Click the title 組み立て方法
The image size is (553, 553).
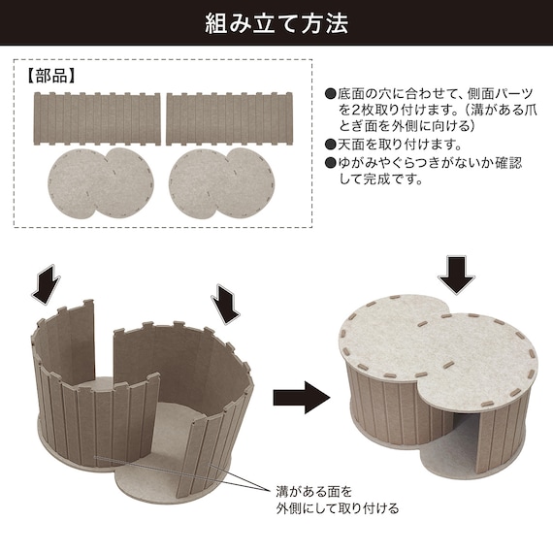pyautogui.click(x=276, y=23)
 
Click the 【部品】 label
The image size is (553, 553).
pyautogui.click(x=51, y=76)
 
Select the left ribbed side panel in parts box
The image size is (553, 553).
pyautogui.click(x=97, y=119)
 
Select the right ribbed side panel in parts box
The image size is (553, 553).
pyautogui.click(x=229, y=119)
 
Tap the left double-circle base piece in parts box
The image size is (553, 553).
pyautogui.click(x=101, y=182)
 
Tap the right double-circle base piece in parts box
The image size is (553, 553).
pyautogui.click(x=222, y=182)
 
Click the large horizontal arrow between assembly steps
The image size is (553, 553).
pyautogui.click(x=302, y=398)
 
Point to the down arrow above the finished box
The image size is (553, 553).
pyautogui.click(x=456, y=275)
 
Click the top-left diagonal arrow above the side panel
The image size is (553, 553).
pyautogui.click(x=46, y=284)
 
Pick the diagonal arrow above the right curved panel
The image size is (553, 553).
pyautogui.click(x=226, y=304)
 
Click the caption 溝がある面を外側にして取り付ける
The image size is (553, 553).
pyautogui.click(x=338, y=500)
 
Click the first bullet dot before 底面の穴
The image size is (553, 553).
pyautogui.click(x=331, y=93)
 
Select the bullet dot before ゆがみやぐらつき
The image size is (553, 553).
pyautogui.click(x=331, y=163)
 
